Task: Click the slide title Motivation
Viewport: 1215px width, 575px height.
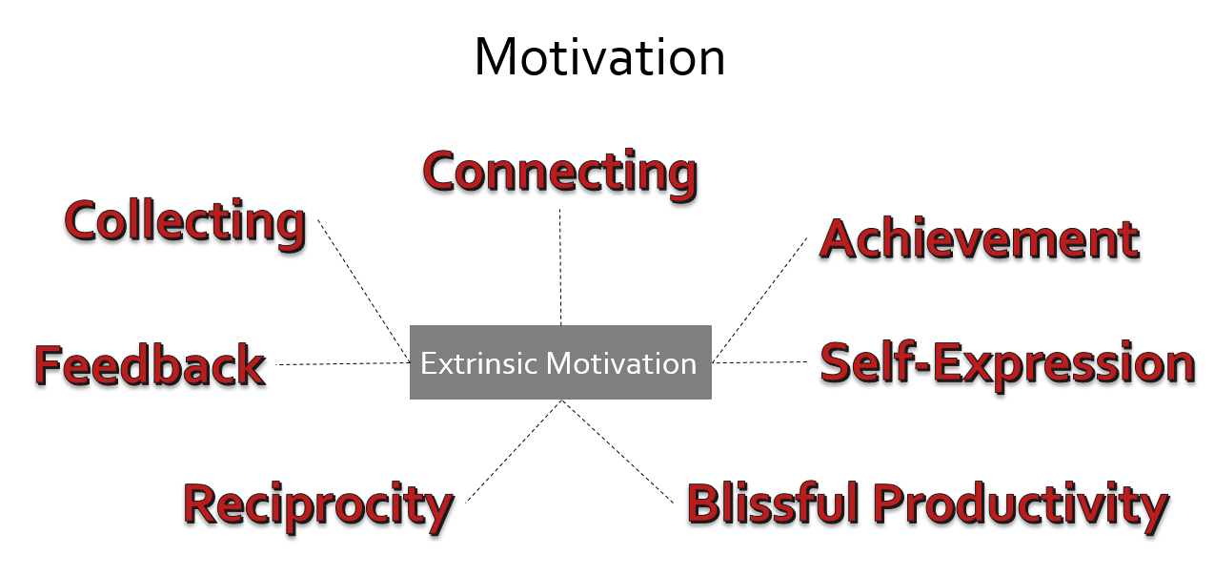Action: (x=600, y=57)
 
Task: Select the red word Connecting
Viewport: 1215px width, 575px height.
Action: (x=560, y=175)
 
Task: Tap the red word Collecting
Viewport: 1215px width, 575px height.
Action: (x=186, y=224)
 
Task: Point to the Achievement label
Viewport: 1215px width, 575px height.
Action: (x=980, y=239)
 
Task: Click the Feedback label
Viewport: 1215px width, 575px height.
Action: (x=151, y=366)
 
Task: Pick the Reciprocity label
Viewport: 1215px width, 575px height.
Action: (x=319, y=507)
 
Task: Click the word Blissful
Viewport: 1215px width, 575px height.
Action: (x=773, y=503)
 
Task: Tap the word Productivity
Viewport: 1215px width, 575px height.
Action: (x=1022, y=507)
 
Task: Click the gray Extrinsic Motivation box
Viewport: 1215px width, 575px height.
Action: (x=560, y=362)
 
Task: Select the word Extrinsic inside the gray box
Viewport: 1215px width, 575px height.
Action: (x=480, y=363)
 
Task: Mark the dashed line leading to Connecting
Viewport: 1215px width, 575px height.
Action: (x=560, y=267)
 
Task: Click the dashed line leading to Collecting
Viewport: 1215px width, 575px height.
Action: (x=364, y=291)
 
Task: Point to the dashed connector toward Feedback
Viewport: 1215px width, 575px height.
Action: (x=343, y=364)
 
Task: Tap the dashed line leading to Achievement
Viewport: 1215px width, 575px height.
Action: (x=759, y=299)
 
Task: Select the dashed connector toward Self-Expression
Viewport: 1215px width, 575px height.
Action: (x=759, y=362)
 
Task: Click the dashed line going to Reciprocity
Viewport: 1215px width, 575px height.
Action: (x=514, y=452)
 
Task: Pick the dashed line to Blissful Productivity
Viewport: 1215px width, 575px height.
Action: (x=618, y=452)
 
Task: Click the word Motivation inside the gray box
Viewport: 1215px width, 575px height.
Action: (x=621, y=363)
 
